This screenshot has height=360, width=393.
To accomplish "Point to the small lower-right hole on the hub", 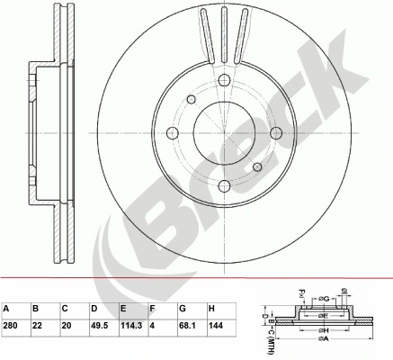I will tap(257, 167).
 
